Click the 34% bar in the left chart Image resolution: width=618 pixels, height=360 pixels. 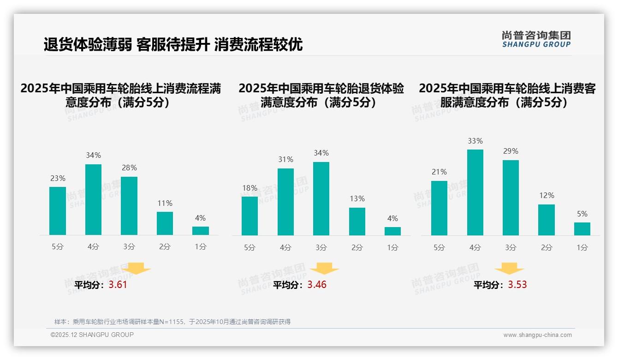[93, 199]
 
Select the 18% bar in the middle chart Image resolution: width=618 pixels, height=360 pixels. [250, 216]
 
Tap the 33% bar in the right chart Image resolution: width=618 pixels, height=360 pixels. [475, 192]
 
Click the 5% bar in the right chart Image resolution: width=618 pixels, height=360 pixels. [582, 228]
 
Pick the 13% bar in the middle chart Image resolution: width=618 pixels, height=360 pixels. [357, 221]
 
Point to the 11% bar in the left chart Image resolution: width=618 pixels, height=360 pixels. [165, 223]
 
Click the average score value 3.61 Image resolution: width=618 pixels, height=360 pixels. [118, 285]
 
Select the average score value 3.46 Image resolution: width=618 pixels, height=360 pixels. [317, 285]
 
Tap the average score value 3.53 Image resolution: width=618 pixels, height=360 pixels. [517, 285]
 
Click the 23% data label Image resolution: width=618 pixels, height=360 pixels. [58, 178]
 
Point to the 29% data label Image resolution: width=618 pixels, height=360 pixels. [511, 151]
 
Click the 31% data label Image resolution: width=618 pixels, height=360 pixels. [285, 159]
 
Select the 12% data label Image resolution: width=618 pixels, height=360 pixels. [547, 195]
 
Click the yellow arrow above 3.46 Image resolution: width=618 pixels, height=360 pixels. [324, 269]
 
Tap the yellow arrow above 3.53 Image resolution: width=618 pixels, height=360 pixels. [509, 269]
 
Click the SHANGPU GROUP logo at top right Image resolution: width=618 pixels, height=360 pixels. [536, 39]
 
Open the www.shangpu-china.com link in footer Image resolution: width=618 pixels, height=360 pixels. [537, 335]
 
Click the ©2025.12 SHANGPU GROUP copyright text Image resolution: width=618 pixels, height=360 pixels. [92, 335]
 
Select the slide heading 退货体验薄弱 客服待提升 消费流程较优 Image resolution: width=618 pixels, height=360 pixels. [173, 45]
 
